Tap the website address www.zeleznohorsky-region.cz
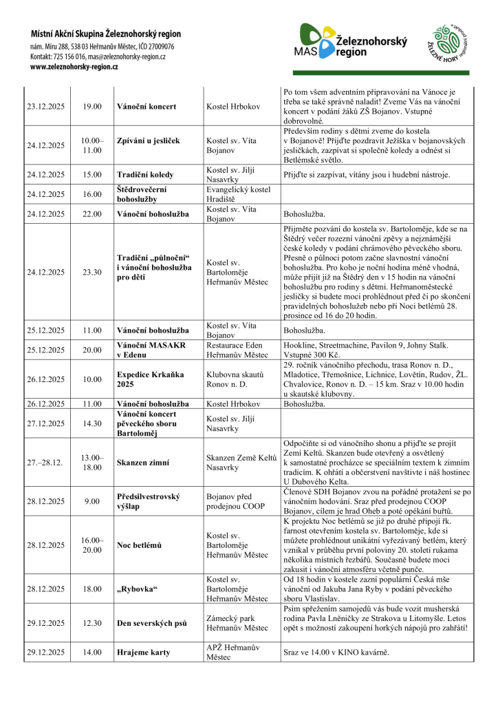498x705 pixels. pos(74,67)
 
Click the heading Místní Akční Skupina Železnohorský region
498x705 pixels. pos(105,33)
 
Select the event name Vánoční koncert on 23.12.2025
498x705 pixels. pos(147,107)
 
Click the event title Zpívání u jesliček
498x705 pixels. pos(149,141)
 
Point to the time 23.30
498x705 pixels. pos(92,272)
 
